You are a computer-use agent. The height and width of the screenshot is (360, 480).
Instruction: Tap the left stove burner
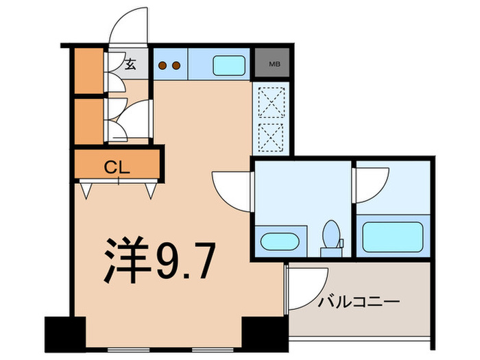(x=163, y=66)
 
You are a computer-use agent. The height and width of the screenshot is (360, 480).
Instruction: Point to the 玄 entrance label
(x=130, y=64)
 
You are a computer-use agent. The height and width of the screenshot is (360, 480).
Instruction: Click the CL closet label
(x=117, y=166)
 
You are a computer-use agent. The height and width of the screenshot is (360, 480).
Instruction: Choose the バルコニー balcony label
(x=359, y=301)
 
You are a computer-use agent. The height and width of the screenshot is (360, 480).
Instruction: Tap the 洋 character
(x=126, y=259)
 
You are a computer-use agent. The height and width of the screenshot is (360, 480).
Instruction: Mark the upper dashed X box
(x=272, y=103)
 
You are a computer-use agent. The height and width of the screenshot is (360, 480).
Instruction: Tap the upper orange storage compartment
(x=88, y=70)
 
